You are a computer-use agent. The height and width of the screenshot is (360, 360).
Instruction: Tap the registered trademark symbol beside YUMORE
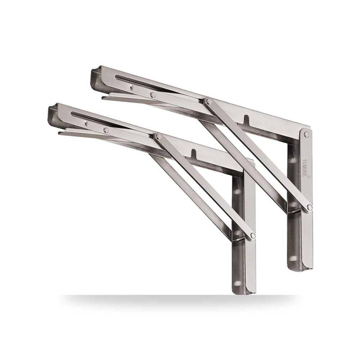309,177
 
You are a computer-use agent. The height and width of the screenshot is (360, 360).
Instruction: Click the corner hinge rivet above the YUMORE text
306,134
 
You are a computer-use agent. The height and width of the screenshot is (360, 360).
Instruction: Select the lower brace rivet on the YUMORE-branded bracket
310,208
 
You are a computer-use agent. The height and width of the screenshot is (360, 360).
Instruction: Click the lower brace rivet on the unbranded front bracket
253,235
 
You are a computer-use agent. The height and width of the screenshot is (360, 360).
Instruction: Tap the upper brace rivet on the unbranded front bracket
158,136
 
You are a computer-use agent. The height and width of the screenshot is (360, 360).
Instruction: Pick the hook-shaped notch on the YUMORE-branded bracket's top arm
246,119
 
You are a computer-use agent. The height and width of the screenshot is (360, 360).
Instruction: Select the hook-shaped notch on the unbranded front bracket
194,154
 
